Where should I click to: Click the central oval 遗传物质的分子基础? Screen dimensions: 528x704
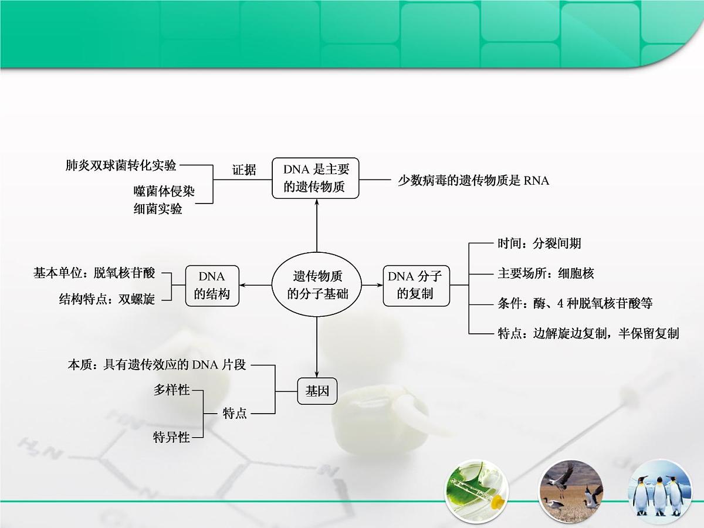pos(317,285)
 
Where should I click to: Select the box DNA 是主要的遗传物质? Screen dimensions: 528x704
pos(316,178)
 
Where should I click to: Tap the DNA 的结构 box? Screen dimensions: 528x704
pos(212,285)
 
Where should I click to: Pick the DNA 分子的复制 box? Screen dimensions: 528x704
pos(416,285)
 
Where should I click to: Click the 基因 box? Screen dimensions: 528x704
pos(317,391)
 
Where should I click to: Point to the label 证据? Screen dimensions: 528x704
pos(244,170)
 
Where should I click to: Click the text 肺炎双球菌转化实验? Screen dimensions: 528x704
pos(121,165)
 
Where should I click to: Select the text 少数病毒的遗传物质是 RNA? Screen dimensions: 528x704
pos(473,181)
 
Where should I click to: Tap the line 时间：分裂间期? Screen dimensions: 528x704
pos(539,243)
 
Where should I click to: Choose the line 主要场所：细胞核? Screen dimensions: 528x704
pos(546,273)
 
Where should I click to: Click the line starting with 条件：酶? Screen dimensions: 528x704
pos(575,303)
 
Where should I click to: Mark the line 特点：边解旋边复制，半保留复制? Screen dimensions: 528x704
pos(588,333)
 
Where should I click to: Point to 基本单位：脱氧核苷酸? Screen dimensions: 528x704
pos(94,273)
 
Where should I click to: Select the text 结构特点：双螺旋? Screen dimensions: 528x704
pos(107,299)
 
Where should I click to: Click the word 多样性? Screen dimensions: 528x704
pos(172,390)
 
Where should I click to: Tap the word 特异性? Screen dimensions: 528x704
pos(172,437)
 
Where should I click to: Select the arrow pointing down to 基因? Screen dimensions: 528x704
pos(317,346)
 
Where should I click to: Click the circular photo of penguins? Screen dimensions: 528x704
pos(659,492)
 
